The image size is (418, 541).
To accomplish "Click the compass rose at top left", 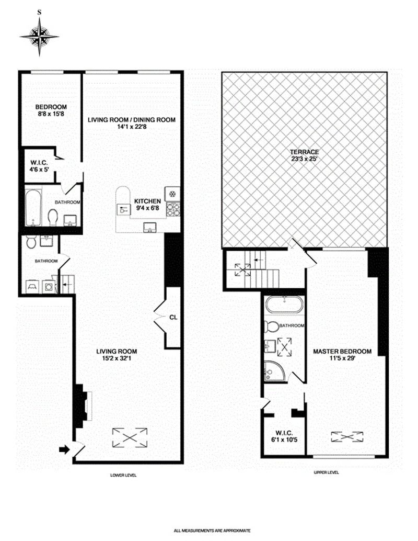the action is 39,36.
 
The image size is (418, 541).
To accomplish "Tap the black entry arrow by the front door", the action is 64,449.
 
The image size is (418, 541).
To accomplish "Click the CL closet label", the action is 173,317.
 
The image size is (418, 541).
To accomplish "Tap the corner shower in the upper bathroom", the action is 274,371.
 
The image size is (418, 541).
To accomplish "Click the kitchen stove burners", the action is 172,209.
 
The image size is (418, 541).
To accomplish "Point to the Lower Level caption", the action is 123,475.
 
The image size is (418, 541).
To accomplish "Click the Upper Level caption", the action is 326,472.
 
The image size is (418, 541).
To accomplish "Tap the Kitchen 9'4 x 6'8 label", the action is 147,205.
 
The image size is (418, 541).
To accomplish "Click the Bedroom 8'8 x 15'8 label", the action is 51,110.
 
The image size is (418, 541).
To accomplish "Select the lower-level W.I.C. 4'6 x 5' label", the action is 39,166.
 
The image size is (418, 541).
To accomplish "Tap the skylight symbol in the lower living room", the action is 130,437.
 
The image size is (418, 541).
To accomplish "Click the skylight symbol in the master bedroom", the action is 347,436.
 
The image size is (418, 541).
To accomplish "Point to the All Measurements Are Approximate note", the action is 212,531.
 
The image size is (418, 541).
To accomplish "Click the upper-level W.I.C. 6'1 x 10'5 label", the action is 284,436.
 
